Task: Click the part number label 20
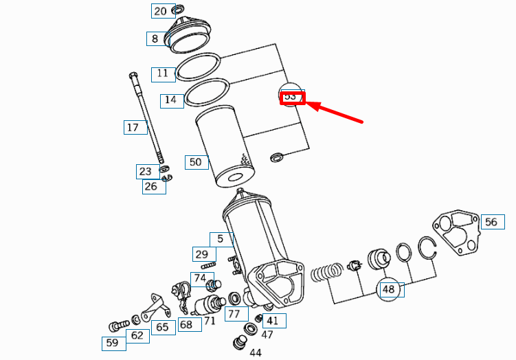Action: pyautogui.click(x=159, y=11)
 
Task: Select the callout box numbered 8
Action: pyautogui.click(x=155, y=39)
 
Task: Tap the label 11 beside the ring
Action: pyautogui.click(x=162, y=73)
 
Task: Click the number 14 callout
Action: pyautogui.click(x=171, y=100)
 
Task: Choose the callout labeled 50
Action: pyautogui.click(x=196, y=162)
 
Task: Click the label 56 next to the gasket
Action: pyautogui.click(x=491, y=221)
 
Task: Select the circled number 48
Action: pyautogui.click(x=389, y=289)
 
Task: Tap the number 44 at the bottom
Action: pyautogui.click(x=255, y=352)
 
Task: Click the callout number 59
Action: pyautogui.click(x=112, y=343)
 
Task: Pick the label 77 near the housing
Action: pyautogui.click(x=234, y=314)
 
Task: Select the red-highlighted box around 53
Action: pyautogui.click(x=291, y=97)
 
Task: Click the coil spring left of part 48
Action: pyautogui.click(x=327, y=273)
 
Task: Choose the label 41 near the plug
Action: pyautogui.click(x=273, y=320)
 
